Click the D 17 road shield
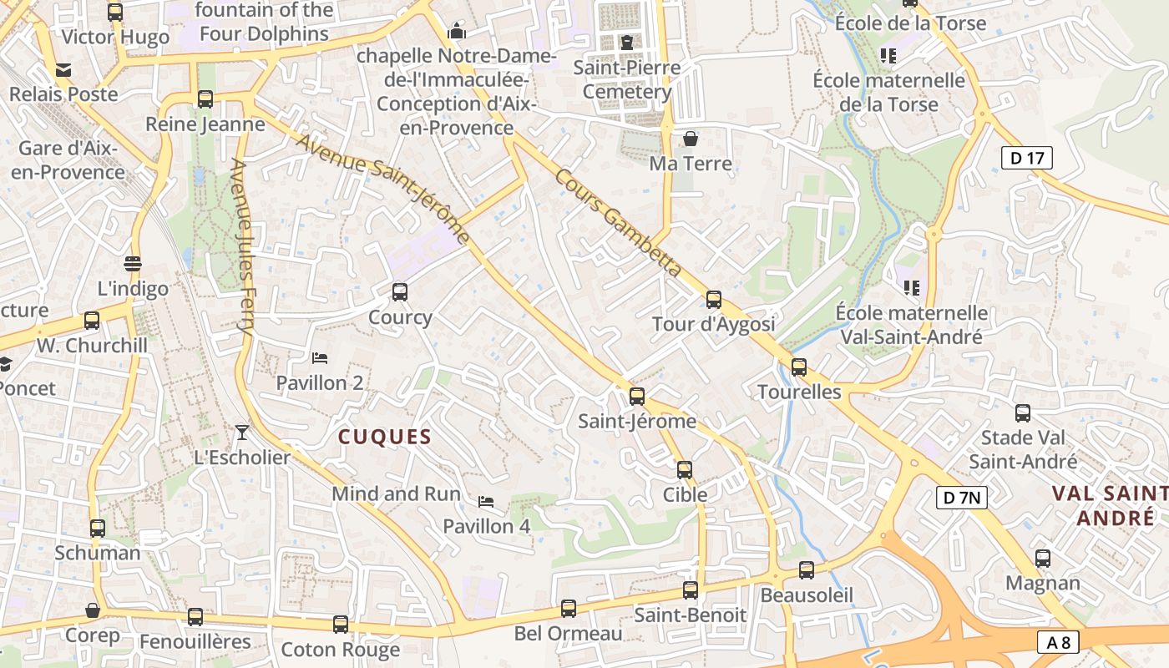pos(1026,157)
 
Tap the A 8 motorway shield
pos(1058,642)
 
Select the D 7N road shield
pos(961,498)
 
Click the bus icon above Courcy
pos(400,292)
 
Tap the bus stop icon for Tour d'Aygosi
pos(713,299)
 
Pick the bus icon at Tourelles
pos(799,367)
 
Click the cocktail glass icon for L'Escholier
pos(242,432)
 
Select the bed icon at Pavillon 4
pos(486,502)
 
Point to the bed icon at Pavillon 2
pos(319,358)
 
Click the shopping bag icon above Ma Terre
pos(691,138)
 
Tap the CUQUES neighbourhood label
pos(385,437)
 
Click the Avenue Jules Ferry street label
pos(242,247)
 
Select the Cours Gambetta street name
pos(618,223)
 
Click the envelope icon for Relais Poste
pos(63,69)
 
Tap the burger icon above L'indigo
pos(132,264)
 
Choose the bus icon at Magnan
pos(1043,559)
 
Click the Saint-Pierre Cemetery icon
pos(626,42)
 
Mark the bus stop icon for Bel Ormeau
pos(569,608)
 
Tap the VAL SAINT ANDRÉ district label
pos(1111,505)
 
